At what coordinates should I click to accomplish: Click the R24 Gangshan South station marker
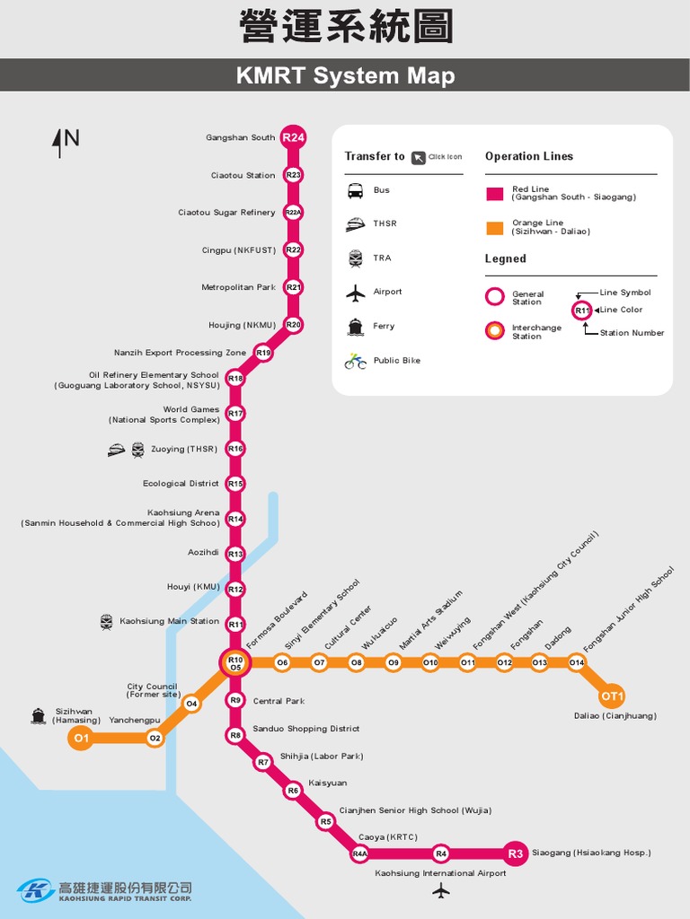click(293, 137)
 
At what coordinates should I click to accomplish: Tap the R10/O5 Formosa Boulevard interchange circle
click(235, 663)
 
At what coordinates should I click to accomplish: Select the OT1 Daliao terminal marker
click(613, 696)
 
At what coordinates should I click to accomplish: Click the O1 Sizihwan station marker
click(81, 739)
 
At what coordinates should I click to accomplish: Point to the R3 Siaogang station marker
click(515, 853)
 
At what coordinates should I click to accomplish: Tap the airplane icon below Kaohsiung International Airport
click(440, 890)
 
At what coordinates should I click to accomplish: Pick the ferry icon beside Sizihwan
click(38, 716)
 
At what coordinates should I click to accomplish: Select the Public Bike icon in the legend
click(356, 361)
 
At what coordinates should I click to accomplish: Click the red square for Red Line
click(494, 194)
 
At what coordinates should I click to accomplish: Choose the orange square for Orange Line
click(494, 228)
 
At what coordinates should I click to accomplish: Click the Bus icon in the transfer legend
click(356, 190)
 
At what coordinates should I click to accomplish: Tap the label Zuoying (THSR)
click(184, 449)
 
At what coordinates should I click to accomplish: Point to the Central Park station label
click(279, 701)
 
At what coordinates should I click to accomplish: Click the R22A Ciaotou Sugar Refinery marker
click(293, 213)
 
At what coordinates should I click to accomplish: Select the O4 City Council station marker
click(191, 705)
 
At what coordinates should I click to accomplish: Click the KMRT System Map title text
click(345, 76)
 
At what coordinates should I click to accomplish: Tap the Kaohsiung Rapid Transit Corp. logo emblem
click(36, 889)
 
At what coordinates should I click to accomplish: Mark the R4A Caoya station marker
click(360, 853)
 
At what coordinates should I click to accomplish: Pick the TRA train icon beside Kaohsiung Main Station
click(107, 621)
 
